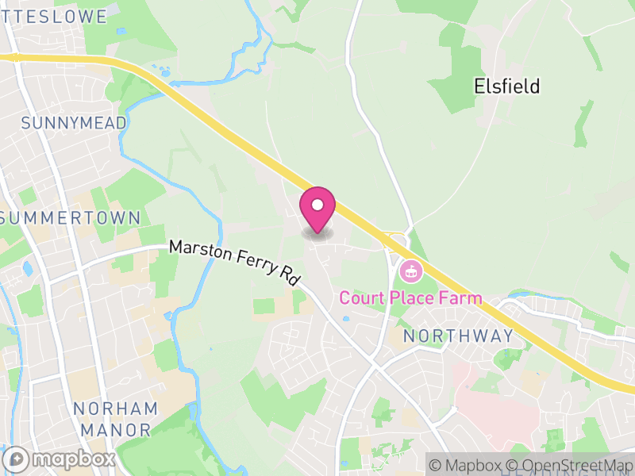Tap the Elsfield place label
506,86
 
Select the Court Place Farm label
410,298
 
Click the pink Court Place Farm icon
411,271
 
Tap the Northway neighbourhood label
458,336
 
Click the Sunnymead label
74,123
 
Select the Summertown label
71,217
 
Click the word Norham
115,409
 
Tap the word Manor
115,430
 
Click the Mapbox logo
60,459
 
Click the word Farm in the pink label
461,298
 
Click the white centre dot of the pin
317,205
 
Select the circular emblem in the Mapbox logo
17,459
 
